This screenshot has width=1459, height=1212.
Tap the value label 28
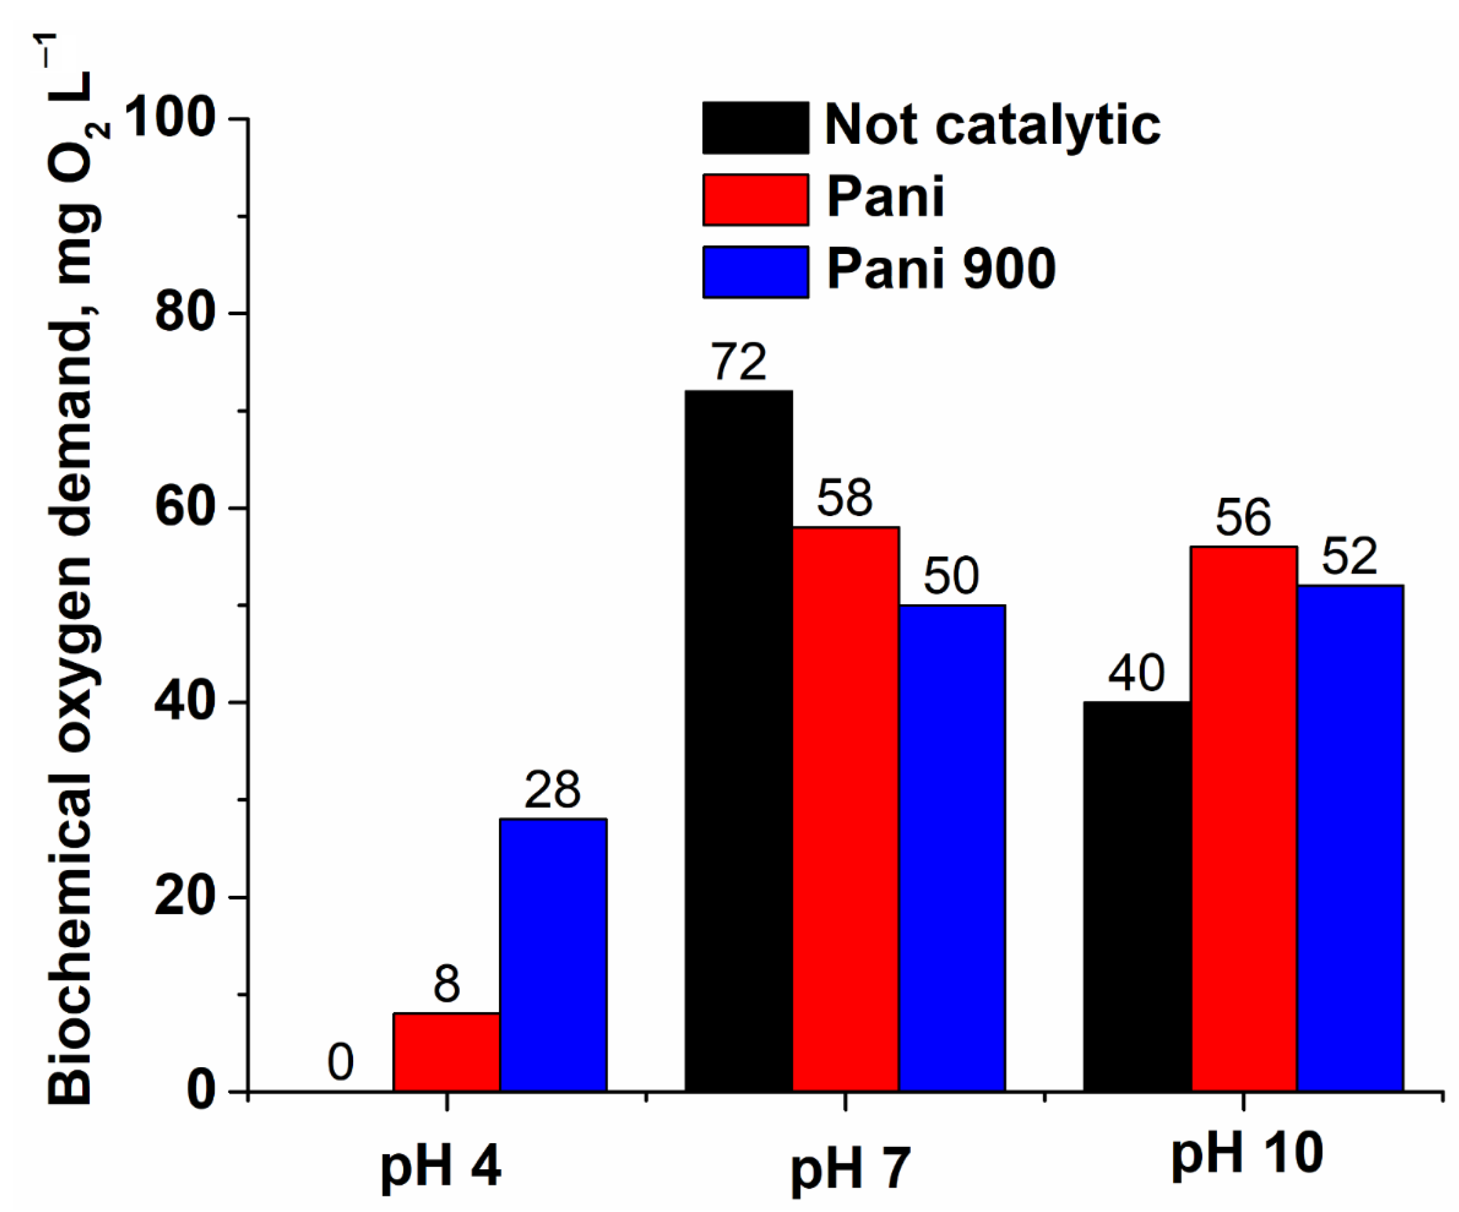(x=552, y=790)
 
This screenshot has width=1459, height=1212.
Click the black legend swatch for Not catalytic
(x=755, y=127)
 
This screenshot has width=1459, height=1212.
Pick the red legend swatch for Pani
(x=755, y=200)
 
